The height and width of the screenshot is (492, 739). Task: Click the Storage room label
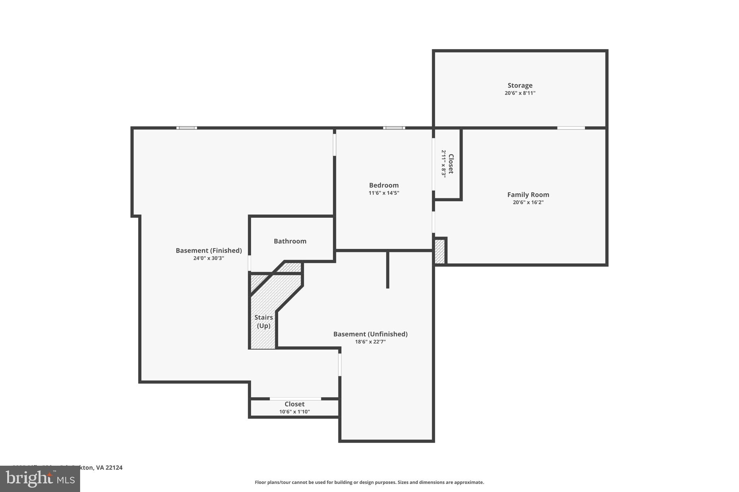point(520,85)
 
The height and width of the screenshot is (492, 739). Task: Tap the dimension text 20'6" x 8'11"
point(520,93)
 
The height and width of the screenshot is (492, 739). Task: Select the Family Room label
point(528,195)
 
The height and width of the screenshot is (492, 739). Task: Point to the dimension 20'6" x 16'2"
point(528,203)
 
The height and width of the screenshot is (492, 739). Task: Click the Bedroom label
point(384,185)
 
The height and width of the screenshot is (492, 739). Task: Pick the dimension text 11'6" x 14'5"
point(384,193)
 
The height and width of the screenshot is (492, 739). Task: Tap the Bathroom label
point(290,241)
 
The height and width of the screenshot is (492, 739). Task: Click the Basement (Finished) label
point(209,251)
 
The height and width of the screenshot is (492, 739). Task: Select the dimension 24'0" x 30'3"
point(209,258)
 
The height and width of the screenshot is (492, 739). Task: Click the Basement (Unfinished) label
point(370,334)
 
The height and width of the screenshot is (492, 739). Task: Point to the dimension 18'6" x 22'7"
point(370,342)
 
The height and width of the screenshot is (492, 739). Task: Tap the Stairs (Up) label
point(263,322)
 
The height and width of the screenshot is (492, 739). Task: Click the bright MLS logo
point(40,479)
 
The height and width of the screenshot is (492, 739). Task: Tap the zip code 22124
point(114,468)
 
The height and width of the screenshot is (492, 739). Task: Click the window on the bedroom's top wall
point(394,128)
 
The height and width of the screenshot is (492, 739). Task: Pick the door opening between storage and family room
point(571,128)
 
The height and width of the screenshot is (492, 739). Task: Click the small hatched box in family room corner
point(440,251)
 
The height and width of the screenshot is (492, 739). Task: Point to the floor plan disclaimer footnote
point(369,482)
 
